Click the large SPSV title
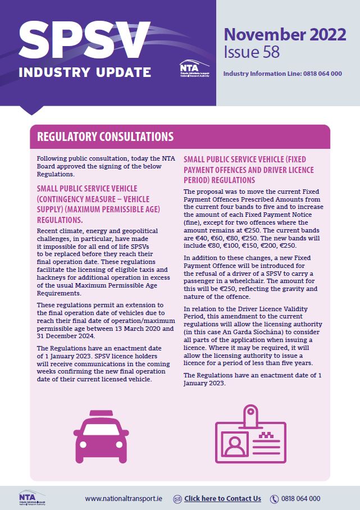85,40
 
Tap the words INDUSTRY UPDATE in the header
85,72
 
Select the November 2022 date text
285,35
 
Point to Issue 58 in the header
251,53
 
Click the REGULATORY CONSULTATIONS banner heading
105,136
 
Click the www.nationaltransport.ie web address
124,498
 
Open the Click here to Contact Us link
222,498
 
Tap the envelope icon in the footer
177,498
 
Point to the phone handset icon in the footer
275,498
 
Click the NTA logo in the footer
31,498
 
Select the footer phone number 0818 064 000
302,498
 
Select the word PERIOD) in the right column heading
200,180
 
